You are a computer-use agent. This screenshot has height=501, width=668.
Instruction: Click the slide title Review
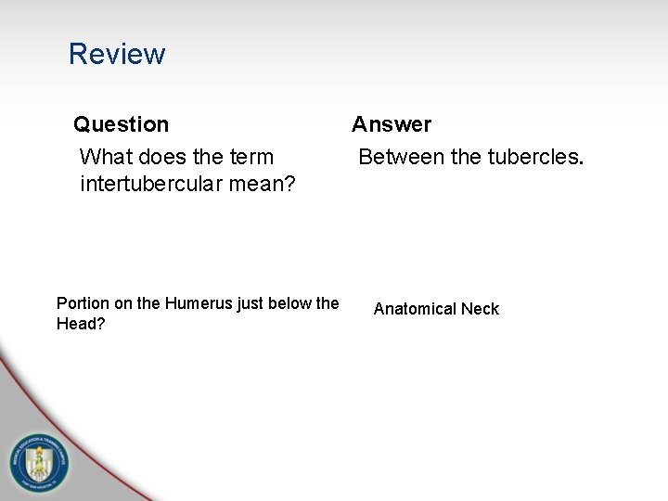tap(117, 54)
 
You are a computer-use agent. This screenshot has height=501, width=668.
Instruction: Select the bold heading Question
tap(122, 124)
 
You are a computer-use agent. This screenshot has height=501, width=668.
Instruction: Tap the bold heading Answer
tap(392, 124)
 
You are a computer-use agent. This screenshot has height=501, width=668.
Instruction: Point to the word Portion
tap(82, 303)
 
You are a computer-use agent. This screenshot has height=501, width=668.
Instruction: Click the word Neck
tap(481, 309)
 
